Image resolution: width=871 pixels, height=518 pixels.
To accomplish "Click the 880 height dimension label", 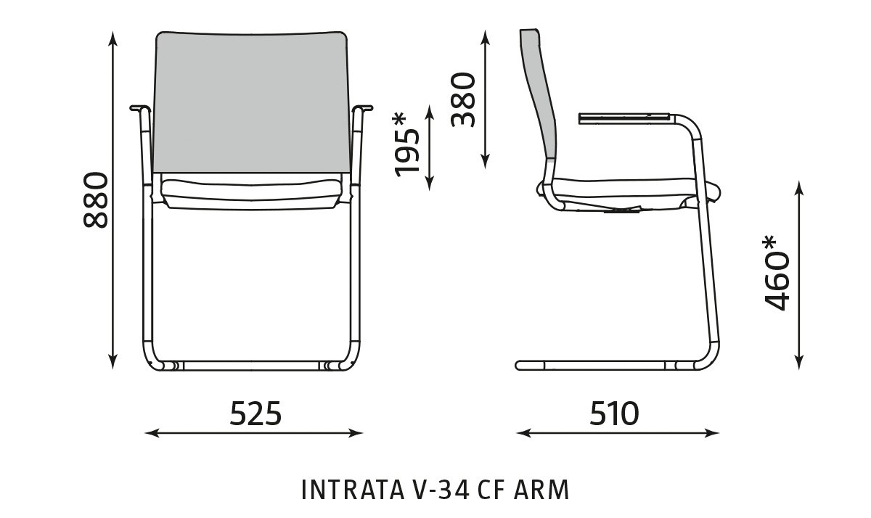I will coord(96,200).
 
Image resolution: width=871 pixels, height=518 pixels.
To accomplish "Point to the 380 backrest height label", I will coord(463,99).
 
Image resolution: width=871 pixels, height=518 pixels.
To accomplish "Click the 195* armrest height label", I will coord(408,144).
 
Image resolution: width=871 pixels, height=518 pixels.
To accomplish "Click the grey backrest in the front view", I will coord(250,102).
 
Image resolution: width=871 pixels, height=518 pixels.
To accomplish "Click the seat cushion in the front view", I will coord(250,191).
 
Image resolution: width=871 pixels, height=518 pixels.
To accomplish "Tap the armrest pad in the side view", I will coord(623,116).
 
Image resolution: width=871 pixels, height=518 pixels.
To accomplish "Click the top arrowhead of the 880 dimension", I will coord(113,36).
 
